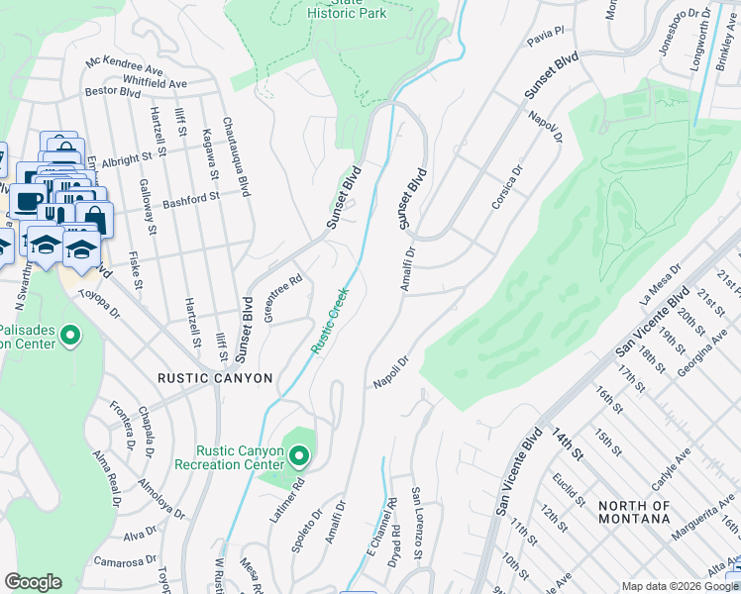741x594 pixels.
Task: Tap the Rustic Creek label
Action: (x=330, y=320)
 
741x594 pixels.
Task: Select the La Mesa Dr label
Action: (x=662, y=284)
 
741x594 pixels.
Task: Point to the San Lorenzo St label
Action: (x=418, y=519)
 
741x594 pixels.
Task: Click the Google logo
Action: (x=33, y=582)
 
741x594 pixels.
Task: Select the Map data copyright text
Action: (x=681, y=586)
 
